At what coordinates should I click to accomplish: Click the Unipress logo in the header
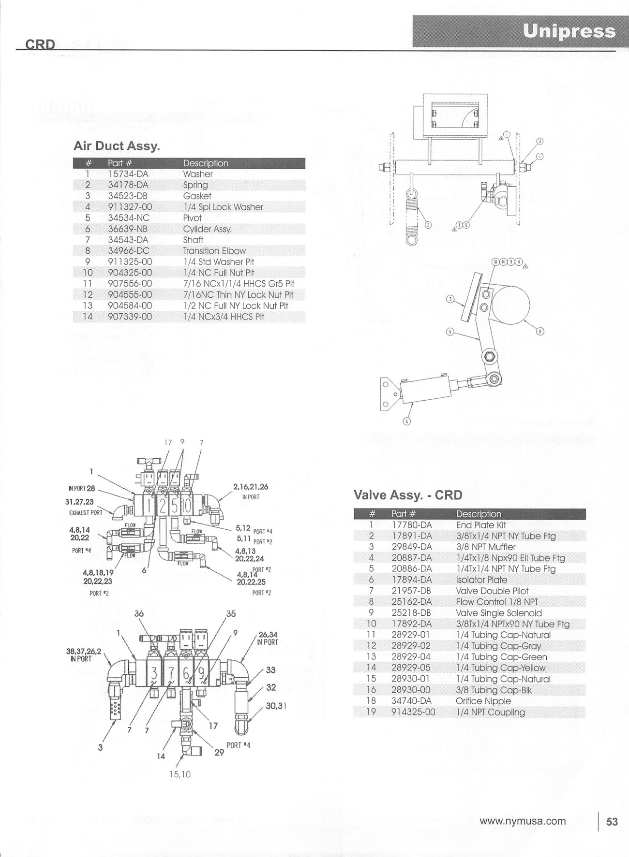pos(569,31)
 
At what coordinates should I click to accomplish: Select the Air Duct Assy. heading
pos(117,145)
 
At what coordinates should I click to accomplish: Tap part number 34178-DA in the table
pos(128,185)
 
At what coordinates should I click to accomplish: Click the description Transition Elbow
pos(214,251)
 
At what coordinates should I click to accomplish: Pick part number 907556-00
pos(130,284)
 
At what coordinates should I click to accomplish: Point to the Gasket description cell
pos(197,196)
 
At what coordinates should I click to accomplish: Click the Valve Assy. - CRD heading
pos(408,495)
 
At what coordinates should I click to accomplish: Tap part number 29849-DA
pos(411,547)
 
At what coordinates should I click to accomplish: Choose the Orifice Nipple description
pos(483,701)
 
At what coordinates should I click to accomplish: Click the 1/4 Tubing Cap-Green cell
pos(502,657)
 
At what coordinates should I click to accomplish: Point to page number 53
pos(612,821)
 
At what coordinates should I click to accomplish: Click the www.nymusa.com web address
pos(523,821)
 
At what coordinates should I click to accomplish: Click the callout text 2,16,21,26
pos(251,487)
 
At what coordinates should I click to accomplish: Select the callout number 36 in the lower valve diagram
pos(139,614)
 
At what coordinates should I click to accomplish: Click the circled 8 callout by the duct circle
pos(540,331)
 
